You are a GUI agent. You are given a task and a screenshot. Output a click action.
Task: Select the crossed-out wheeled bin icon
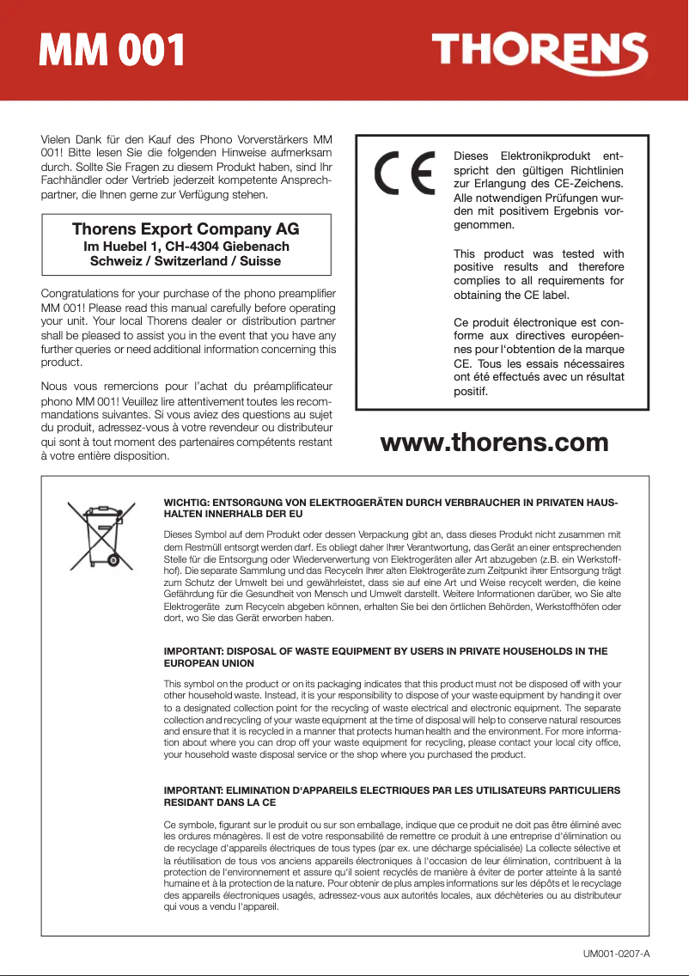tap(96, 532)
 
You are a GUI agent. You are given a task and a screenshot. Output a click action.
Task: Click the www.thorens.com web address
tap(494, 442)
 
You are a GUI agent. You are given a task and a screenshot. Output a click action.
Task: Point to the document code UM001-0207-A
tap(615, 954)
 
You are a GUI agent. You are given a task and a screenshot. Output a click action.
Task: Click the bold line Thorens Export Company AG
tap(186, 229)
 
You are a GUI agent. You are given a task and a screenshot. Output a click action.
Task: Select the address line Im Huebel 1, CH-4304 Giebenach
tap(186, 246)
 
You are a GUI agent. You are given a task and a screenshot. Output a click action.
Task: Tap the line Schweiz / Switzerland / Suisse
tap(186, 260)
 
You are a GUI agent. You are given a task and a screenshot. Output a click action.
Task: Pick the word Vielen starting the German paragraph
tap(58, 139)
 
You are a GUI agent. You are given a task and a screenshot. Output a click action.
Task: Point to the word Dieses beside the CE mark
tap(477, 156)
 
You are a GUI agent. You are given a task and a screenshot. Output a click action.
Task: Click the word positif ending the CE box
tap(469, 392)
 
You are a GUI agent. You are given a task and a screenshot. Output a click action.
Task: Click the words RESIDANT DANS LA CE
tap(219, 802)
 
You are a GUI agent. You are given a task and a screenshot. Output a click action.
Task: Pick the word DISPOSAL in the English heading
tap(249, 651)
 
